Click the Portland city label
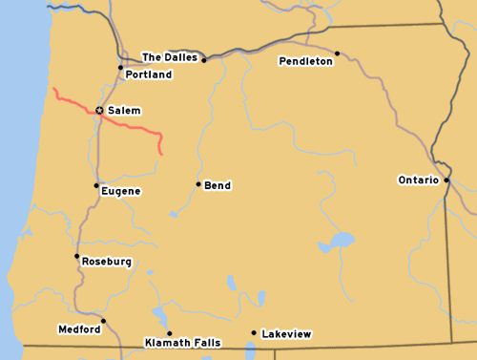point(149,74)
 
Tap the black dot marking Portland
point(120,68)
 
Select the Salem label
point(124,111)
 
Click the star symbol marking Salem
point(99,111)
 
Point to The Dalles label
point(169,57)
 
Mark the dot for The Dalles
point(203,59)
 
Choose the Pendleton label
point(305,61)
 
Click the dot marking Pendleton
point(337,53)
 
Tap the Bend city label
point(218,185)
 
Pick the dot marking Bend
point(198,184)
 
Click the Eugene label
point(120,191)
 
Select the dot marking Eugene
point(96,185)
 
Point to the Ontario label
point(418,180)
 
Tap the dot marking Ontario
point(446,180)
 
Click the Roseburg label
point(107,262)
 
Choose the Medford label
point(78,329)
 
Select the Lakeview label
point(286,334)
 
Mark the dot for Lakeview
point(253,333)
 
